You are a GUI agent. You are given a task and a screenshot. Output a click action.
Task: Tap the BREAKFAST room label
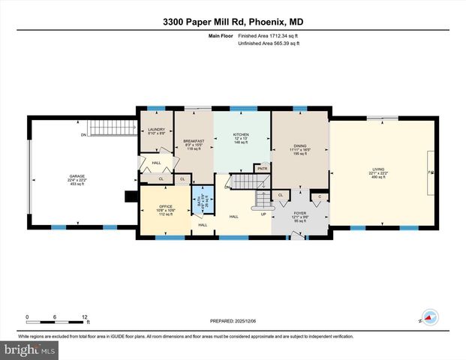pyautogui.click(x=194, y=142)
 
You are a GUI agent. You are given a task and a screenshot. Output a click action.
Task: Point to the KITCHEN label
pyautogui.click(x=241, y=135)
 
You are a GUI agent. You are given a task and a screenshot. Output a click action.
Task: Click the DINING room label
pyautogui.click(x=299, y=145)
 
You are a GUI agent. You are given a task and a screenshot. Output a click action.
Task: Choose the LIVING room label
pyautogui.click(x=377, y=169)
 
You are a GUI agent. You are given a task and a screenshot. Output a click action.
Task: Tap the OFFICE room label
pyautogui.click(x=166, y=205)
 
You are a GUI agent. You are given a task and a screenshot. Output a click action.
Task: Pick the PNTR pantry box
pyautogui.click(x=262, y=169)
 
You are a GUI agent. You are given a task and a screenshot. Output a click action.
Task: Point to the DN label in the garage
pyautogui.click(x=84, y=135)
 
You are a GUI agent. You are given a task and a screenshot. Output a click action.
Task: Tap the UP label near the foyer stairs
pyautogui.click(x=263, y=214)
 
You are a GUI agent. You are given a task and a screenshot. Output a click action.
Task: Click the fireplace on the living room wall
pyautogui.click(x=431, y=172)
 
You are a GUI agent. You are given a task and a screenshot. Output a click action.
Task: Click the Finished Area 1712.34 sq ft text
pyautogui.click(x=269, y=35)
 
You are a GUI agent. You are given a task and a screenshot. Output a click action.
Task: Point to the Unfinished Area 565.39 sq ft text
pyautogui.click(x=269, y=43)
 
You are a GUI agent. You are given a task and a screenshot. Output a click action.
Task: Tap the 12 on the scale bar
pyautogui.click(x=84, y=316)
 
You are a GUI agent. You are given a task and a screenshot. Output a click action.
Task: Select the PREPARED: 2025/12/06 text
pyautogui.click(x=232, y=321)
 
